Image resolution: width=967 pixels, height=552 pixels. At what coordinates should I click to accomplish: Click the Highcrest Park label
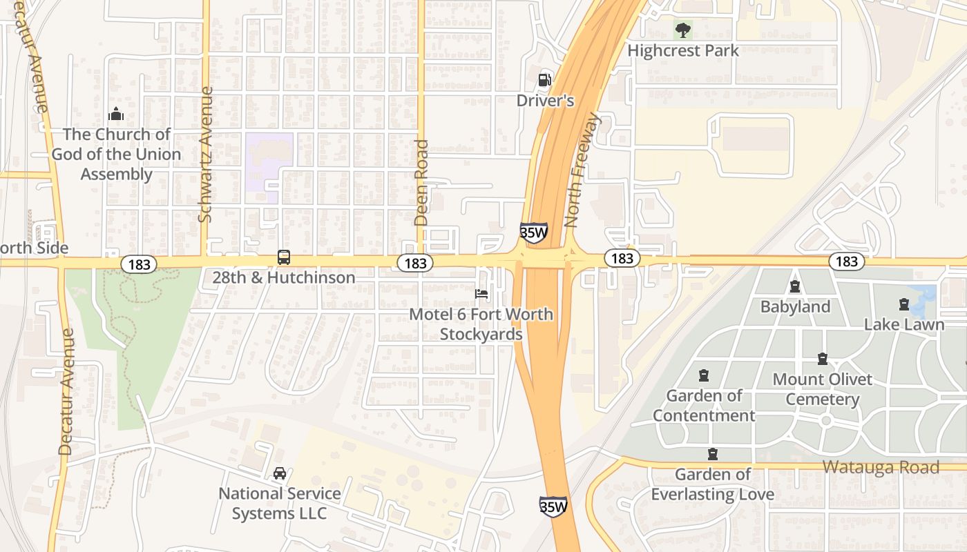[682, 50]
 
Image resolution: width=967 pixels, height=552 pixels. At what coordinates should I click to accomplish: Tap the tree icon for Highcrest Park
[683, 30]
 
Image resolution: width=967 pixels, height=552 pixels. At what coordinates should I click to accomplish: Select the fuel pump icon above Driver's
[545, 79]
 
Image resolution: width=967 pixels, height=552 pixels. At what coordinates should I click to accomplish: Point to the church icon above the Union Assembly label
[116, 114]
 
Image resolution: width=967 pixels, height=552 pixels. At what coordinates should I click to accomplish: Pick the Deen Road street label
[421, 183]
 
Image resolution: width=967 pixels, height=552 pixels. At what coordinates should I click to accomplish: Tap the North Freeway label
[583, 170]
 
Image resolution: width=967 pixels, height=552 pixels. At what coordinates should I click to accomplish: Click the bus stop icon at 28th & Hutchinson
[284, 257]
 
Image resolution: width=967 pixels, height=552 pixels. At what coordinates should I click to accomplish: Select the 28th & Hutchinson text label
[284, 277]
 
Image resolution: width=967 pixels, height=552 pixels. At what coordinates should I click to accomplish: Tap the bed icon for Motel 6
[481, 294]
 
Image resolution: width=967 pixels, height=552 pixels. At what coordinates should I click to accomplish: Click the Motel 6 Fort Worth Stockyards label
[481, 324]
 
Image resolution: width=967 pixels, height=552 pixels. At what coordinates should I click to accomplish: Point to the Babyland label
[795, 306]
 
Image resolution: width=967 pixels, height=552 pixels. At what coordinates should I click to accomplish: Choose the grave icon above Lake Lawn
[903, 304]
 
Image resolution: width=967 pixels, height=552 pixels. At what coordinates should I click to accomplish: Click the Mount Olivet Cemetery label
[822, 389]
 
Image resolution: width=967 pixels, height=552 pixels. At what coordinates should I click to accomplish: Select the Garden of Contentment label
[704, 405]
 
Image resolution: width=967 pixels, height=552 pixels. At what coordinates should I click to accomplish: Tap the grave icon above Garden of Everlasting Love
[712, 454]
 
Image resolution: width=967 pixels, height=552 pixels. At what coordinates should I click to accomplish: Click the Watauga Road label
[881, 467]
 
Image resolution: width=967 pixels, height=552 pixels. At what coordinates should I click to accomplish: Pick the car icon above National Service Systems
[280, 473]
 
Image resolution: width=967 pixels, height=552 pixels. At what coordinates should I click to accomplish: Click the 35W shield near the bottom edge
[553, 507]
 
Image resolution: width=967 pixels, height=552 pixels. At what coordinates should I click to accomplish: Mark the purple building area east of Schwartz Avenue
[269, 162]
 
